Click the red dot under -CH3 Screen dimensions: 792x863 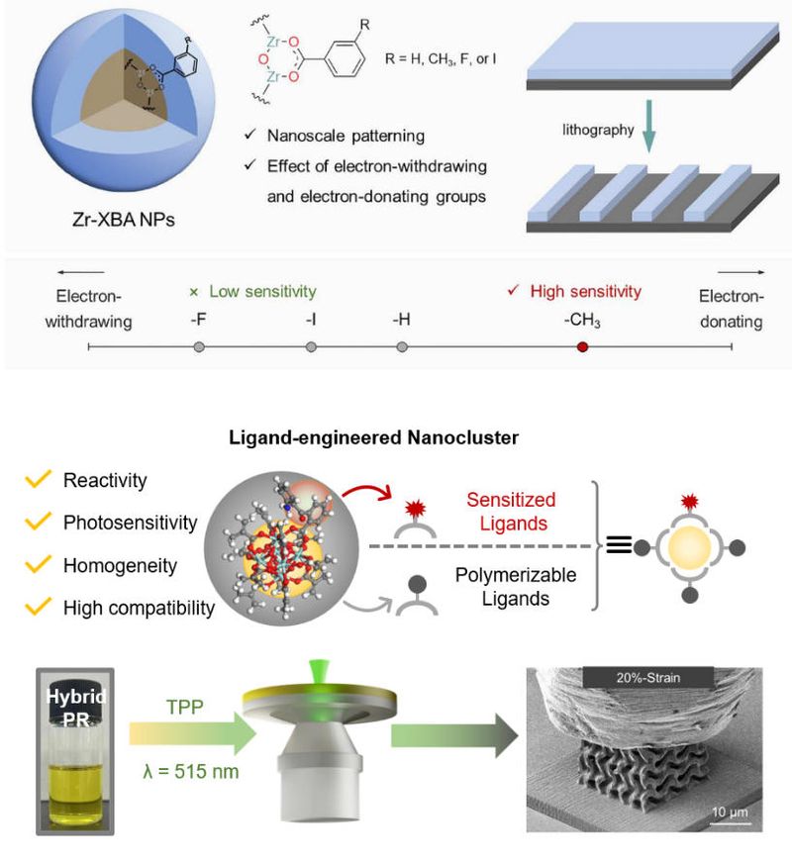tap(582, 346)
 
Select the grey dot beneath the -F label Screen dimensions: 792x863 tap(199, 346)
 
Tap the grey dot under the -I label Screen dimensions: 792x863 tap(311, 346)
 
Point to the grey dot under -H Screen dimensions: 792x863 tap(402, 346)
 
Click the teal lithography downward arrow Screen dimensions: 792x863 tap(649, 126)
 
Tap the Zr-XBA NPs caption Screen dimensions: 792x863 tap(124, 220)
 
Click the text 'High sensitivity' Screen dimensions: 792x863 tap(586, 291)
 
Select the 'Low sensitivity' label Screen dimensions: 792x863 tap(262, 291)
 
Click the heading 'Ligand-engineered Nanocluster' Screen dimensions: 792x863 tap(373, 437)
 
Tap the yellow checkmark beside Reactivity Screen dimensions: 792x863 tap(38, 479)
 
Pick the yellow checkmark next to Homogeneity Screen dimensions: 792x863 tap(38, 564)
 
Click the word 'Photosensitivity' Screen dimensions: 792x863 tap(131, 523)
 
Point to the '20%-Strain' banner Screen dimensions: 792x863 tap(647, 678)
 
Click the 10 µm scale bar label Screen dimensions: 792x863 tap(730, 813)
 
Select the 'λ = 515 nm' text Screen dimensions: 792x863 tap(191, 771)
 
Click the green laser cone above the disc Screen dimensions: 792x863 tap(318, 673)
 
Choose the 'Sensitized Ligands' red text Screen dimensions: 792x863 tap(511, 512)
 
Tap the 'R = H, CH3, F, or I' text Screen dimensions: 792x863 tap(441, 59)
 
